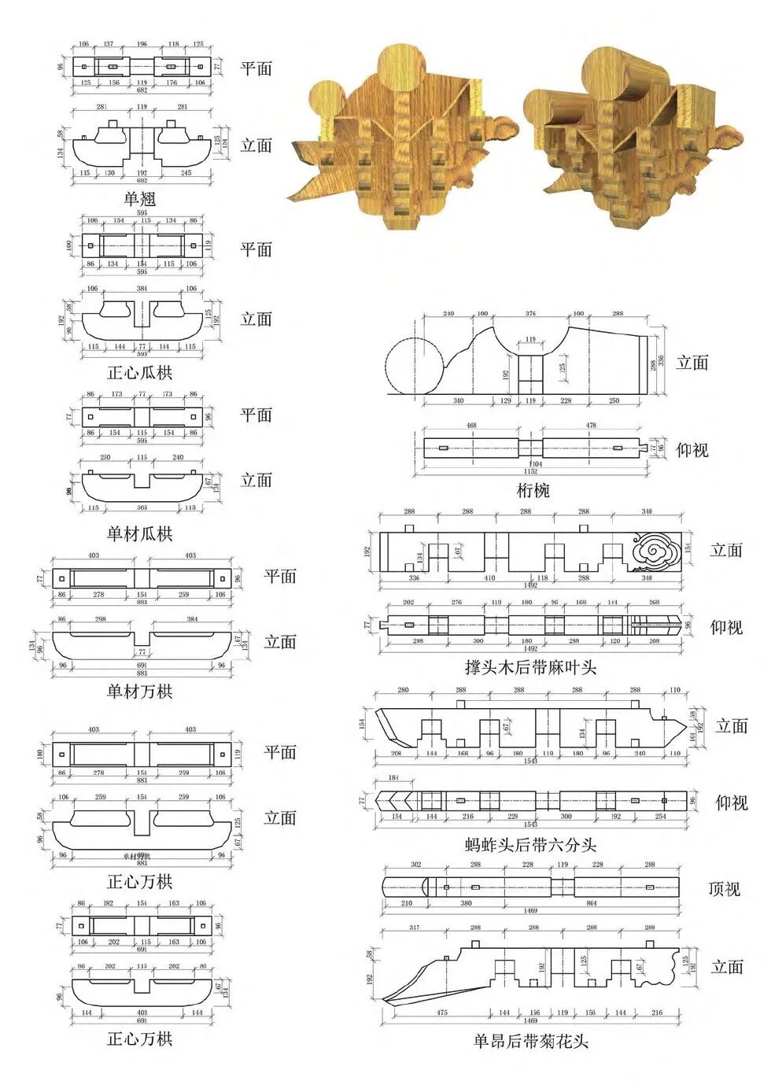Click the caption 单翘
click(x=140, y=199)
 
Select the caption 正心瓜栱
click(x=140, y=373)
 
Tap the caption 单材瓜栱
click(x=140, y=534)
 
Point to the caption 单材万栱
click(x=140, y=692)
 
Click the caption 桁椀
click(x=533, y=491)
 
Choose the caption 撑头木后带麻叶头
click(x=530, y=668)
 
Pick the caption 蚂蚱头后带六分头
click(x=530, y=846)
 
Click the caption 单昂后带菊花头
click(x=530, y=1042)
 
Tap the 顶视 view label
click(x=724, y=889)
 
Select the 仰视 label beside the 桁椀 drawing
click(x=692, y=450)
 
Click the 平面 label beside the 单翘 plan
click(x=256, y=68)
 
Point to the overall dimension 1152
click(x=531, y=471)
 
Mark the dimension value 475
click(x=441, y=1013)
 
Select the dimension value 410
click(x=489, y=578)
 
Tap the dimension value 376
click(x=530, y=314)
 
